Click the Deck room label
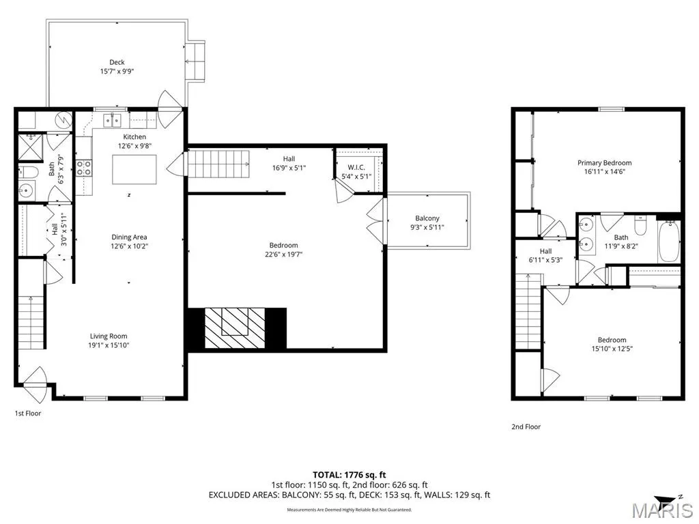117,62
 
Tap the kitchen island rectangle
134,169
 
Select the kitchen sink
113,120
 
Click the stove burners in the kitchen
84,168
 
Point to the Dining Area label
129,237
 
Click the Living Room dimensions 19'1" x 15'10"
109,345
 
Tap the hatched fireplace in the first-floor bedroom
235,327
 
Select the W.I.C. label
356,167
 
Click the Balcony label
427,218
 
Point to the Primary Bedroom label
605,162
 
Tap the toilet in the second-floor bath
640,225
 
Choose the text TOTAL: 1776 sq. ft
349,475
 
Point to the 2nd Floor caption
526,426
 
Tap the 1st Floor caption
28,413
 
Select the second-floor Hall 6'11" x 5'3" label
545,255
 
